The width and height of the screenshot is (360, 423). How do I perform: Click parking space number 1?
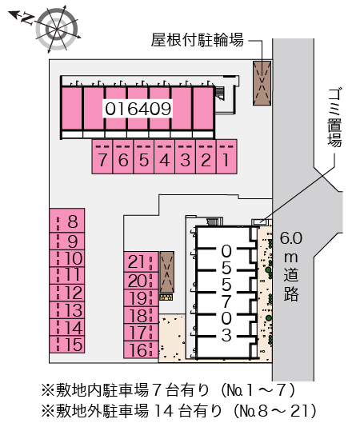coord(226,157)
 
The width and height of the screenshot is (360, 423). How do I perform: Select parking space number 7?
coord(102,157)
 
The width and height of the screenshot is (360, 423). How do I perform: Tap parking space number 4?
coord(165,157)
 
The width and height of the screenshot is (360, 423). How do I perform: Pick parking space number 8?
coord(67,221)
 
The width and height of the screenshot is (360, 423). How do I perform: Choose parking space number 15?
coord(67,345)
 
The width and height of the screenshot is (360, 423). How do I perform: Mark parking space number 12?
coord(67,293)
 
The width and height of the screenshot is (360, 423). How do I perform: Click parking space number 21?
coord(141,262)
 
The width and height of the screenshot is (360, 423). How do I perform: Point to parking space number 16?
coord(141,349)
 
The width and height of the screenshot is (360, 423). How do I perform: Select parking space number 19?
coord(141,298)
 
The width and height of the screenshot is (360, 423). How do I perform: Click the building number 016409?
coord(138,109)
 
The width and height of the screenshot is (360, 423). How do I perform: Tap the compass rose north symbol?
coord(25,18)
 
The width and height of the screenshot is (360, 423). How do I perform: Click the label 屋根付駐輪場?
coord(198,41)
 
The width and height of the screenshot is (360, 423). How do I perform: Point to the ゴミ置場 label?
coord(334,118)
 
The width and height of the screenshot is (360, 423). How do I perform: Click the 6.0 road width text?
coord(291,238)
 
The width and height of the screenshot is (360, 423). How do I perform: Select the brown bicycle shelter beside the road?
coord(262,83)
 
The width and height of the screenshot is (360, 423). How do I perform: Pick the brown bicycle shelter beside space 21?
coord(167,272)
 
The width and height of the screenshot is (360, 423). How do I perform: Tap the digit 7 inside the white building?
coord(226,301)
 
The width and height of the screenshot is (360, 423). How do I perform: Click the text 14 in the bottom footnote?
coord(164,410)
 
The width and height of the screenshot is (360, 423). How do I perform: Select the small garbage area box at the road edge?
coord(260,222)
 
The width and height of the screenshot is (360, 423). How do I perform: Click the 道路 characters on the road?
coord(291,284)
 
